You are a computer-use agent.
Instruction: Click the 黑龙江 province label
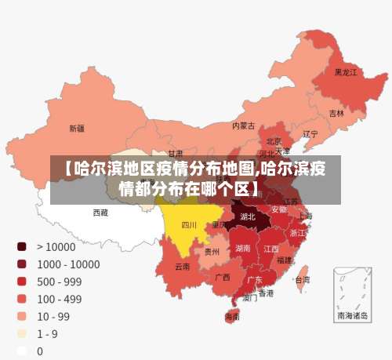(345, 72)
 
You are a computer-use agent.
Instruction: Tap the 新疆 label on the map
(77, 128)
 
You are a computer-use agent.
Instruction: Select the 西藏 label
(100, 213)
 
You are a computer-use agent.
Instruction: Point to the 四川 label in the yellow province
(189, 225)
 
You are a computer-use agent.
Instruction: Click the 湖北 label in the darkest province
(248, 216)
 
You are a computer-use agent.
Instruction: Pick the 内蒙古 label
(243, 125)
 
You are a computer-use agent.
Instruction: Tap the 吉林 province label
(336, 113)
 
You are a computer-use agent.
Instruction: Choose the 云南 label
(182, 267)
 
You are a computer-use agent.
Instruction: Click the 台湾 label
(302, 279)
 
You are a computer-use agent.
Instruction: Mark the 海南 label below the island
(233, 318)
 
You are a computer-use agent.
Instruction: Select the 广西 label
(223, 277)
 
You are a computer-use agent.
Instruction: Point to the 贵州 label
(212, 252)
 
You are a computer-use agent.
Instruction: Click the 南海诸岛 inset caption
(352, 316)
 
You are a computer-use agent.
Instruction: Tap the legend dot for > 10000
(22, 246)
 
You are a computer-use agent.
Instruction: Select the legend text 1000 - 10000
(67, 264)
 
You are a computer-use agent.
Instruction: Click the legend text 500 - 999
(59, 282)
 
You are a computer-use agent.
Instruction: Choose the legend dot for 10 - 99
(22, 316)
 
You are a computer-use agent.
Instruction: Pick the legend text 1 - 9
(48, 333)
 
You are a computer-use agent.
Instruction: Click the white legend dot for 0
(22, 351)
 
